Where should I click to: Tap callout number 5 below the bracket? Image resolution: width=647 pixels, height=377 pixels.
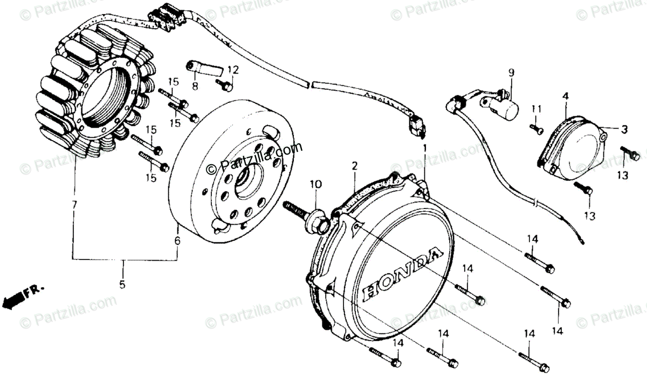[122, 284]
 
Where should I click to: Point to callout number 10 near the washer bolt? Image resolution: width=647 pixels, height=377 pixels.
[315, 185]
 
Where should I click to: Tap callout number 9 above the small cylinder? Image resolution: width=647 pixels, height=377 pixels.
[511, 72]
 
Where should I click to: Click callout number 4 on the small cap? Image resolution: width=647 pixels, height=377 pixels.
[566, 97]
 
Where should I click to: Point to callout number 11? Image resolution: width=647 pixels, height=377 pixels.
[534, 109]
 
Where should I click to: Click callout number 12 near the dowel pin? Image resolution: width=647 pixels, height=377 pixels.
[232, 69]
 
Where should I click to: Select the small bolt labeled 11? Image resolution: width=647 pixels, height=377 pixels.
[537, 128]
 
